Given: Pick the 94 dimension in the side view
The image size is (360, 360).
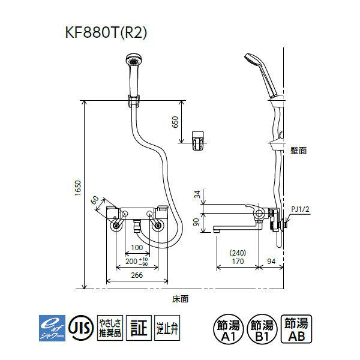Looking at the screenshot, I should tap(272, 260).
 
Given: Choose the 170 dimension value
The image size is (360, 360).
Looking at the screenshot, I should tap(238, 260).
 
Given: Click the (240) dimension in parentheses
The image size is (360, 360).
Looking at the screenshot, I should tap(238, 252).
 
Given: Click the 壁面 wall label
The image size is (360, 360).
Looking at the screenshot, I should tap(298, 151).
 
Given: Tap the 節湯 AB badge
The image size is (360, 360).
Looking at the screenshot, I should tap(297, 328).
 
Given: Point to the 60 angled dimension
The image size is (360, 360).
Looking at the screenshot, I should tap(95, 200).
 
